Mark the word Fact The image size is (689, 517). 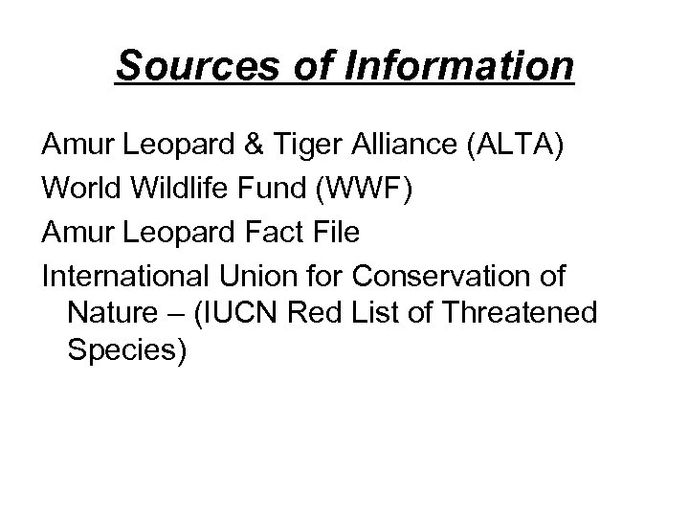[275, 233]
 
